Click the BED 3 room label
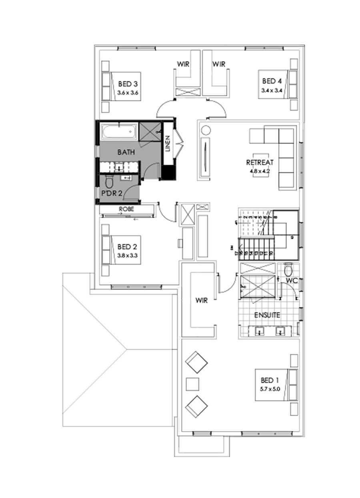[x=128, y=84]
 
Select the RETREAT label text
[x=260, y=162]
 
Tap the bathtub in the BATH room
[x=119, y=132]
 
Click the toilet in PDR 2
[x=109, y=182]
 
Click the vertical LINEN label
[x=168, y=144]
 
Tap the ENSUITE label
[x=268, y=315]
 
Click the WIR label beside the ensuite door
[x=202, y=300]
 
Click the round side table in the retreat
[x=206, y=130]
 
